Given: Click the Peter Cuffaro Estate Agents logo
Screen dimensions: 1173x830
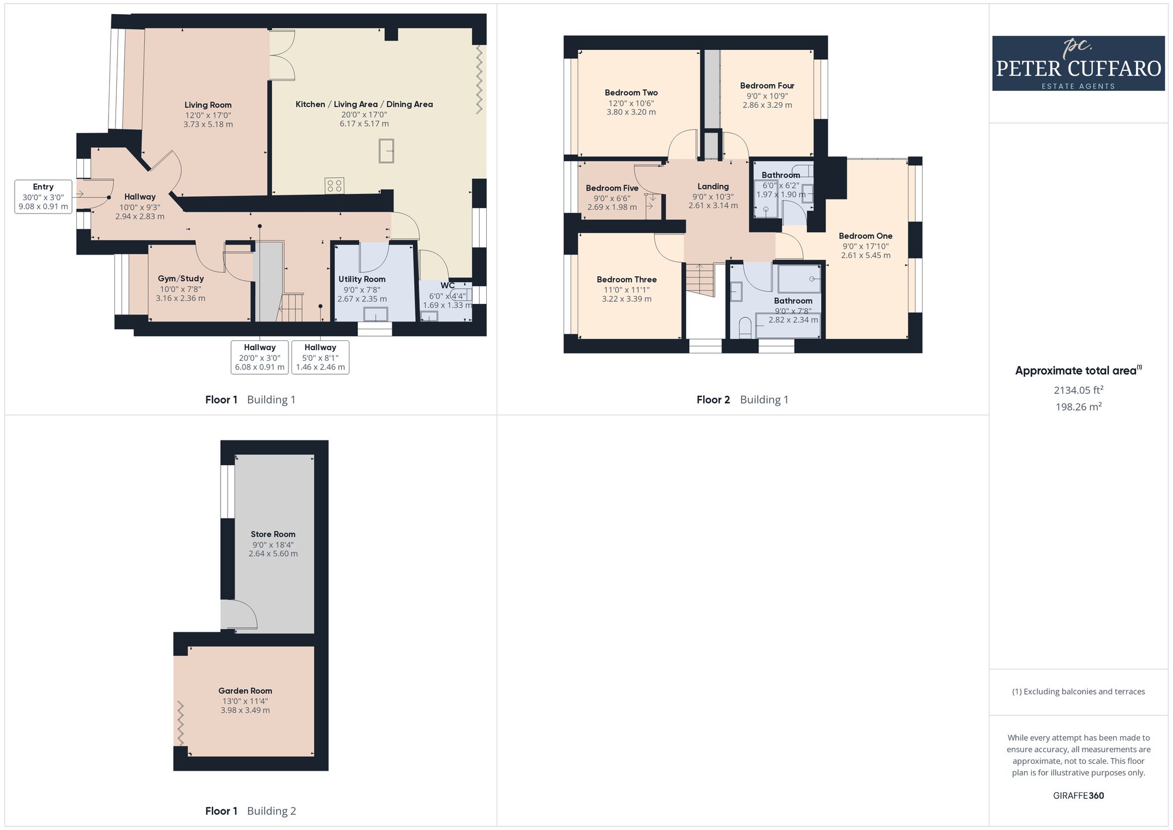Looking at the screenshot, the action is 1078,63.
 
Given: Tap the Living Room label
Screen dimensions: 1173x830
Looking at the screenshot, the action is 208,105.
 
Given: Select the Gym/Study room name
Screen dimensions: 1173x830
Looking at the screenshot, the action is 181,279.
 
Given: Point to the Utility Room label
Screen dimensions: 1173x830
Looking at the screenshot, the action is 362,279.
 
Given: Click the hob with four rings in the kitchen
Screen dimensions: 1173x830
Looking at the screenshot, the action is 334,186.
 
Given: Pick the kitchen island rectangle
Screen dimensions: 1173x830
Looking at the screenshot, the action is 386,151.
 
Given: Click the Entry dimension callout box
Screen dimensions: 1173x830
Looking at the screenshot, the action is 43,197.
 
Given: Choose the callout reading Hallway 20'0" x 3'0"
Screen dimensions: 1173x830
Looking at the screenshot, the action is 260,357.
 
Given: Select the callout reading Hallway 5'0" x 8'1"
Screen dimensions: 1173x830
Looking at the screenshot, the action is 320,357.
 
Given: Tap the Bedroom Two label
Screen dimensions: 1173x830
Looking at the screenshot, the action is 631,93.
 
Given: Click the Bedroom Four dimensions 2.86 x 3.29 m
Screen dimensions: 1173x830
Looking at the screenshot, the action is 767,106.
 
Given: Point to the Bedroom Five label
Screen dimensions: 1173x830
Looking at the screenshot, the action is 612,188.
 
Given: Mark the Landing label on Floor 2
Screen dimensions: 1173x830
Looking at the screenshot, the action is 713,187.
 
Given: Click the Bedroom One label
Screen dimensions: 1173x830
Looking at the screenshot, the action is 866,236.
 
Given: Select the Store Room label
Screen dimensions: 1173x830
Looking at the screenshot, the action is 273,534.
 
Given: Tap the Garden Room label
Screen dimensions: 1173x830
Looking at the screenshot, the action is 245,691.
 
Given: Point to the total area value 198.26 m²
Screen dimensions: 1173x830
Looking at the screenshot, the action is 1079,406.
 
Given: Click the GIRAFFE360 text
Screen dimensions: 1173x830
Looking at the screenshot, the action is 1079,796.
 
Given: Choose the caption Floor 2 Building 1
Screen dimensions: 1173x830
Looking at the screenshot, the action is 743,400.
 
